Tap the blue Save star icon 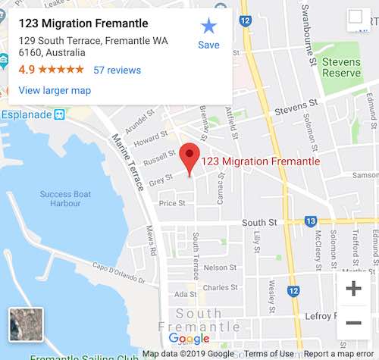(208, 27)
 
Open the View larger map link (55, 90)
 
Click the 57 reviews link (117, 70)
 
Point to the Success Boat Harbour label (65, 199)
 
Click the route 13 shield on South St (310, 221)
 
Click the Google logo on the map (189, 338)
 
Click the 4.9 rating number (26, 70)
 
